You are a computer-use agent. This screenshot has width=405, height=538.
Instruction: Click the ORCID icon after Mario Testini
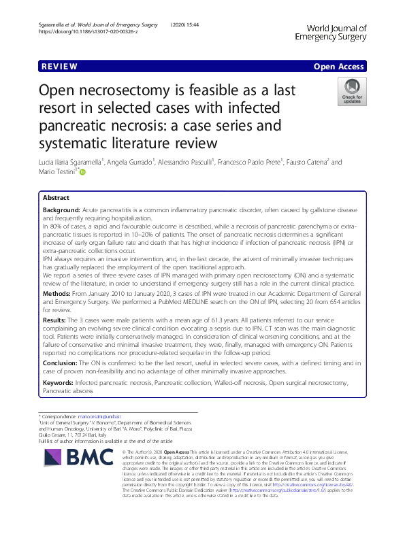84,173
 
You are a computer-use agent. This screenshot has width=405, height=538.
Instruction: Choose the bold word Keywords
59,384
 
